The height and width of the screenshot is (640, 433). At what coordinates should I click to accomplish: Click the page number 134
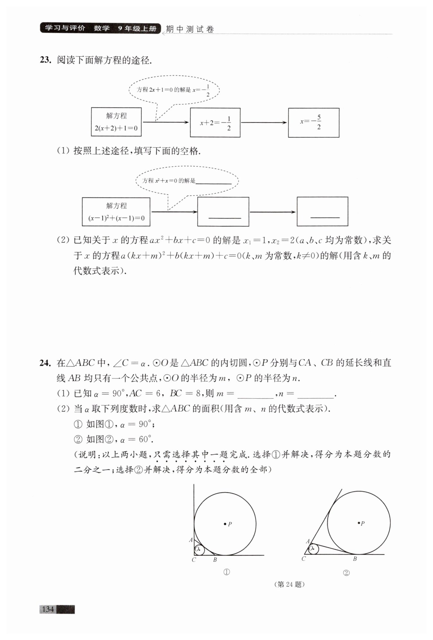click(47, 609)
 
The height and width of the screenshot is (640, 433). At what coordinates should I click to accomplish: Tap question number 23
click(45, 60)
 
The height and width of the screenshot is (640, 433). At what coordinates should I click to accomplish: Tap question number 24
click(45, 363)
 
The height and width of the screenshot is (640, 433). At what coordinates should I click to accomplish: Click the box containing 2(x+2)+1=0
click(116, 122)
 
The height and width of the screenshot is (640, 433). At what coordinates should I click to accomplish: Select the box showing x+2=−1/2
click(215, 123)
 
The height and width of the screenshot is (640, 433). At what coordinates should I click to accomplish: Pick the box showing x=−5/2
click(313, 123)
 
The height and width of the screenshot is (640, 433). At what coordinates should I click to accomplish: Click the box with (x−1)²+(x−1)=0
click(116, 212)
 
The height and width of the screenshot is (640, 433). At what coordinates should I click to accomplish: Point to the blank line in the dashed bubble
click(213, 183)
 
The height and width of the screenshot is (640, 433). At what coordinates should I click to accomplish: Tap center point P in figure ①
click(225, 523)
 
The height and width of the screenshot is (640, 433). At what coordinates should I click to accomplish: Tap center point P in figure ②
click(359, 523)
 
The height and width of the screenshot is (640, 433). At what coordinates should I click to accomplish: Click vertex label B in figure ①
click(215, 560)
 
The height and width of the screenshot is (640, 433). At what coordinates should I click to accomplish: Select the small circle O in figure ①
click(199, 550)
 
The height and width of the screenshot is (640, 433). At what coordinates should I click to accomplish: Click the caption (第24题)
click(289, 584)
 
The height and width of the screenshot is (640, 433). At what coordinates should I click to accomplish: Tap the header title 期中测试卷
click(190, 29)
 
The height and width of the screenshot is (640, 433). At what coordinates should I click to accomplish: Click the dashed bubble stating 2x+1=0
click(174, 90)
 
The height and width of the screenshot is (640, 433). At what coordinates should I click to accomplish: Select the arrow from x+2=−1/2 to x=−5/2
click(264, 123)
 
